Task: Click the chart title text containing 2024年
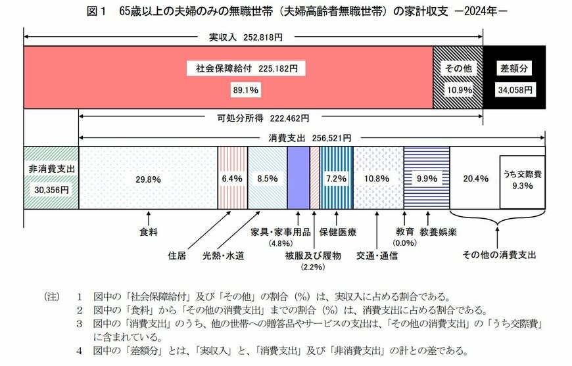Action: [x=286, y=11]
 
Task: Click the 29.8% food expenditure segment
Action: [x=148, y=178]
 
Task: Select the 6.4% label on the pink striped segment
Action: [x=233, y=178]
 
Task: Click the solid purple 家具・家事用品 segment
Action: [x=298, y=178]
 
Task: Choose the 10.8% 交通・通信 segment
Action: [x=377, y=178]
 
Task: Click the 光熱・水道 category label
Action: [x=223, y=256]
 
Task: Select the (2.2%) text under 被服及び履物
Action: [x=312, y=267]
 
